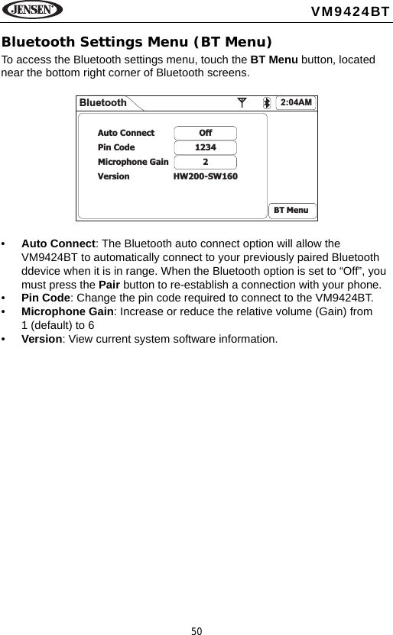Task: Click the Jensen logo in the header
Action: coord(32,11)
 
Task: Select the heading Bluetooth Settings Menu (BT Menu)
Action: coord(137,41)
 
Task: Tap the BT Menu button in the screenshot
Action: coord(291,210)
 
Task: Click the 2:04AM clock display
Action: coord(297,102)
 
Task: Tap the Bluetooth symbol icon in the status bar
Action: coord(267,103)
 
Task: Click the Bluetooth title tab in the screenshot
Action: coord(103,103)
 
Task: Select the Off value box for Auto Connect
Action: coord(205,133)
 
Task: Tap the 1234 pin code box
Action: coord(205,147)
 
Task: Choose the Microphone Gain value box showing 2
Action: coord(205,162)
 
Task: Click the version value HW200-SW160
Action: coord(205,176)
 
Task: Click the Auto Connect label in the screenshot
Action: coord(125,133)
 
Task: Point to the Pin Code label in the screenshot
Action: coord(116,147)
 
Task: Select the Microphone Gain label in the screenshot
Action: coord(133,162)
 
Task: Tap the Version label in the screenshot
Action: coord(113,176)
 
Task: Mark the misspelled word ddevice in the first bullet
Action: coord(41,271)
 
